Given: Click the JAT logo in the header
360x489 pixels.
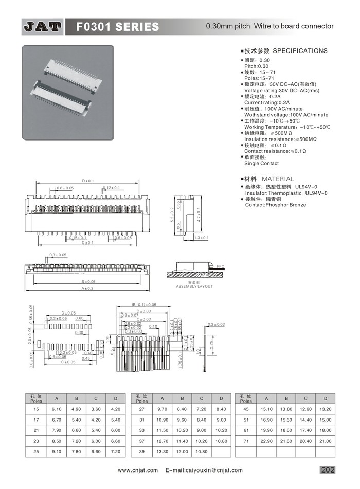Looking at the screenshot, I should click(x=42, y=26).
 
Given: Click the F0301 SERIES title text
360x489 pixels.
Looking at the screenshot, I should click(x=117, y=27).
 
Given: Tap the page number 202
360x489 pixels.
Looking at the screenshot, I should click(x=327, y=469).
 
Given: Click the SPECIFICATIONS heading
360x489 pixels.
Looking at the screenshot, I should click(x=300, y=51).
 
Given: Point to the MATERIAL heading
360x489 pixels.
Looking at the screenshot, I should click(x=278, y=179).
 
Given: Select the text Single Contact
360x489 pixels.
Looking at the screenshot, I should click(x=261, y=163).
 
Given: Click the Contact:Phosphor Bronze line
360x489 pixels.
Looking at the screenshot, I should click(x=275, y=205).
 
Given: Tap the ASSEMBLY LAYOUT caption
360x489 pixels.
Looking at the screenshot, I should click(x=194, y=286).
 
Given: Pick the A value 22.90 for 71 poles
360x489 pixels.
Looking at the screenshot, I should click(x=266, y=441).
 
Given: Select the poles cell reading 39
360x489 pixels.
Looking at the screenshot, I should click(x=142, y=451).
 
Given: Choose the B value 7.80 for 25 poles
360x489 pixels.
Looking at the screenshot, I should click(x=76, y=451).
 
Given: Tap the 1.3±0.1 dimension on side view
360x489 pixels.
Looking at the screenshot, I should click(x=202, y=238).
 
